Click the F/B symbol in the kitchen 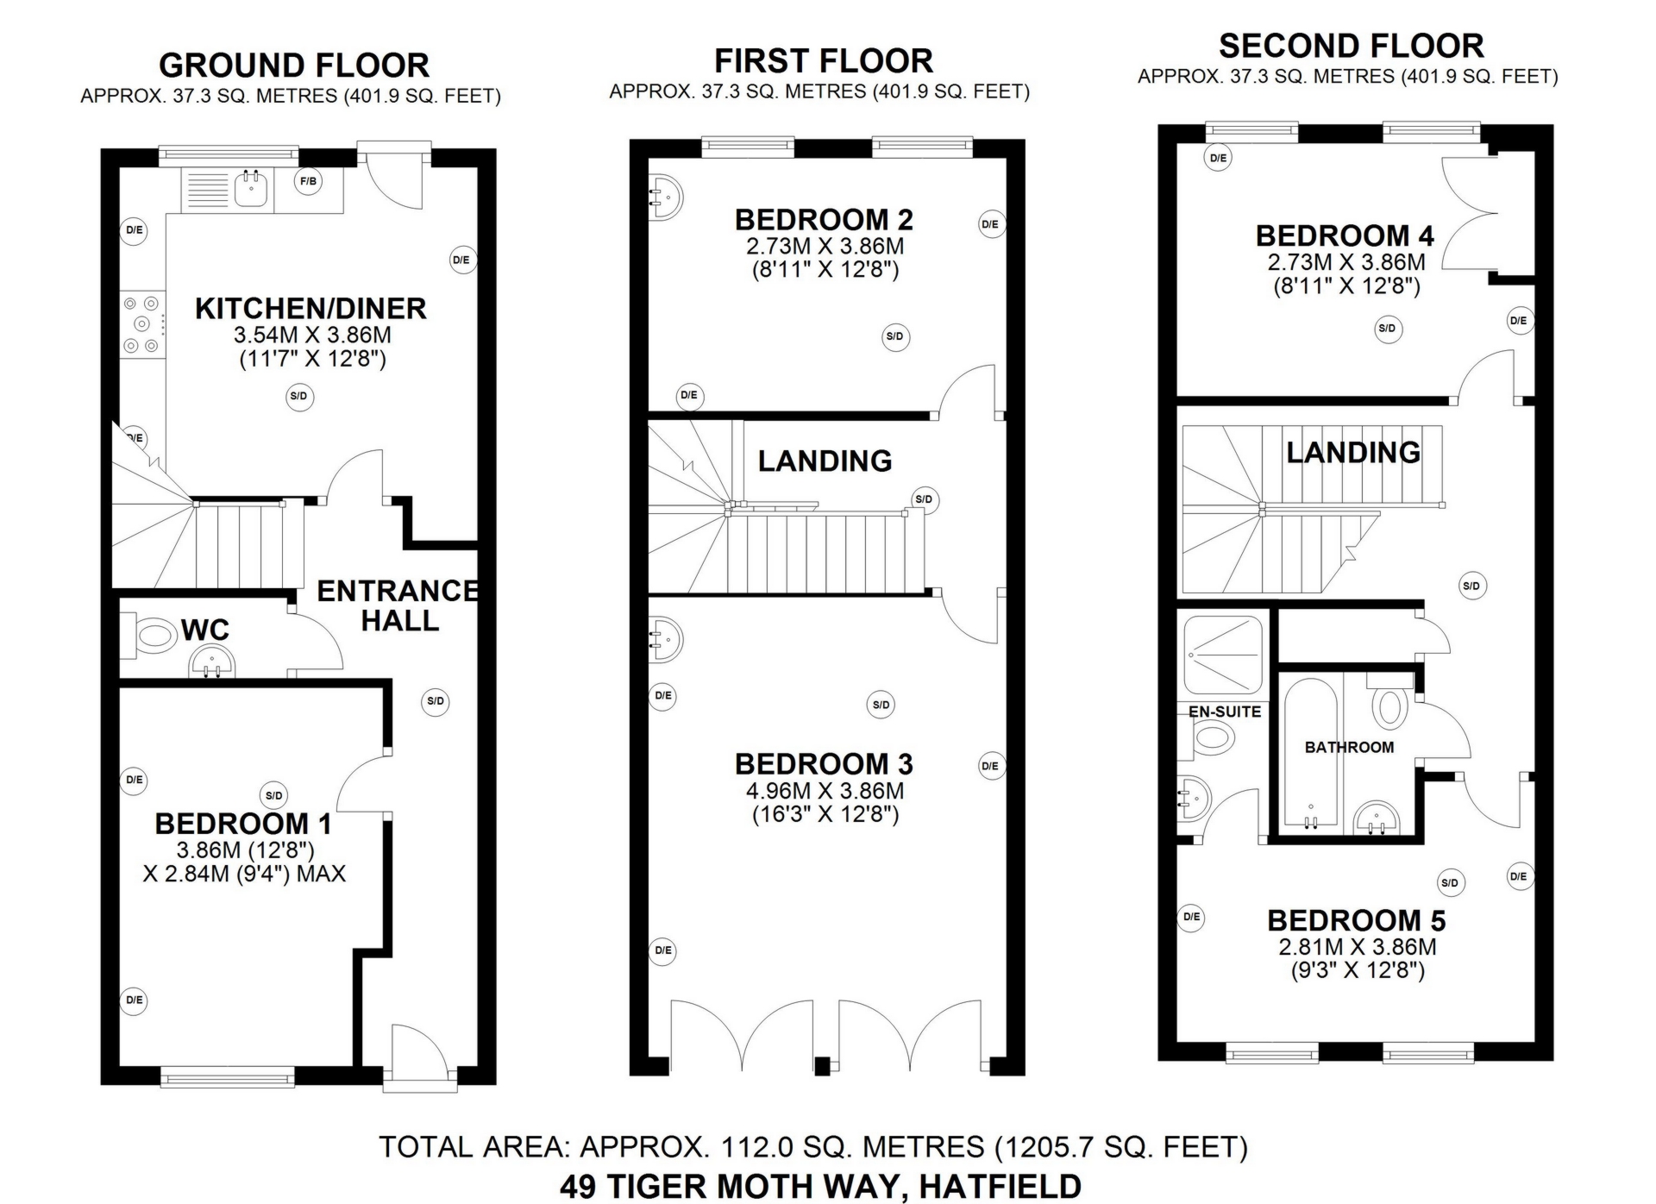pos(308,181)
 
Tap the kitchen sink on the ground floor pos(252,189)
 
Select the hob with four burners pos(141,324)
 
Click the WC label pos(205,630)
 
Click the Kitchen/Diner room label pos(310,308)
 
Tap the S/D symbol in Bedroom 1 pos(273,795)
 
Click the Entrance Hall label pos(398,605)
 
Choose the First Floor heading pos(824,61)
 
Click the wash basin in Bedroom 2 pos(665,197)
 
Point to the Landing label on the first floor pos(825,461)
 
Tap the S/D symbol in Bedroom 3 pos(881,705)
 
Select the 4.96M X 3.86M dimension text pos(825,791)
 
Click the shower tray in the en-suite pos(1223,655)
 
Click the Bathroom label pos(1349,747)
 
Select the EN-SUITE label pos(1225,712)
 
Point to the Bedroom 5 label pos(1357,920)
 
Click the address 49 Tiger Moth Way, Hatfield pos(820,1187)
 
